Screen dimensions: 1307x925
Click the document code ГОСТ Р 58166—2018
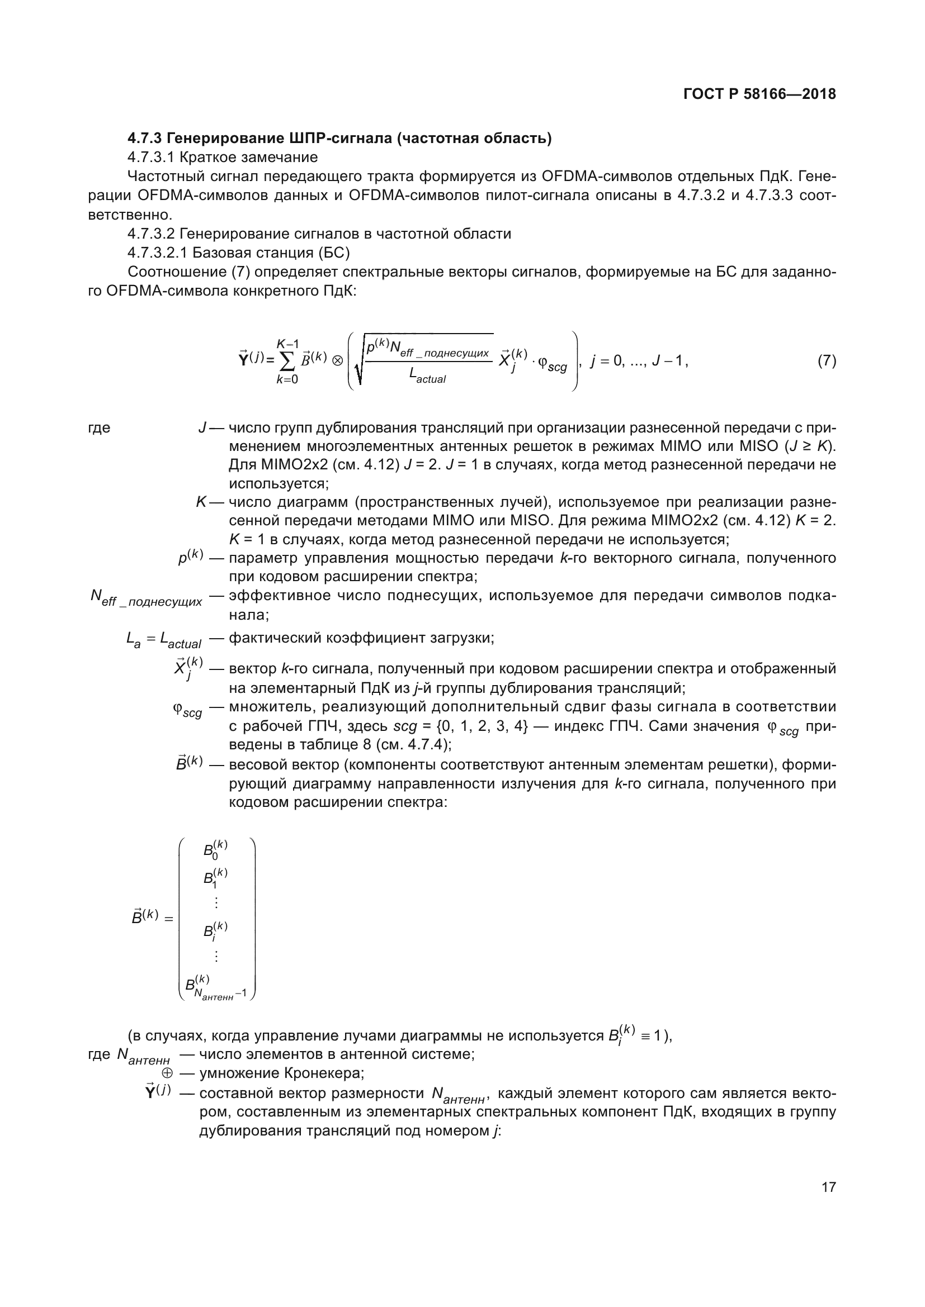click(759, 94)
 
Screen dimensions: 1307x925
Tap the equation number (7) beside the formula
click(827, 360)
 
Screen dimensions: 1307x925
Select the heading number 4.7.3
click(145, 139)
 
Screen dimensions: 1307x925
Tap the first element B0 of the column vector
click(215, 850)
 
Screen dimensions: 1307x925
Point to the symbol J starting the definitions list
click(202, 428)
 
